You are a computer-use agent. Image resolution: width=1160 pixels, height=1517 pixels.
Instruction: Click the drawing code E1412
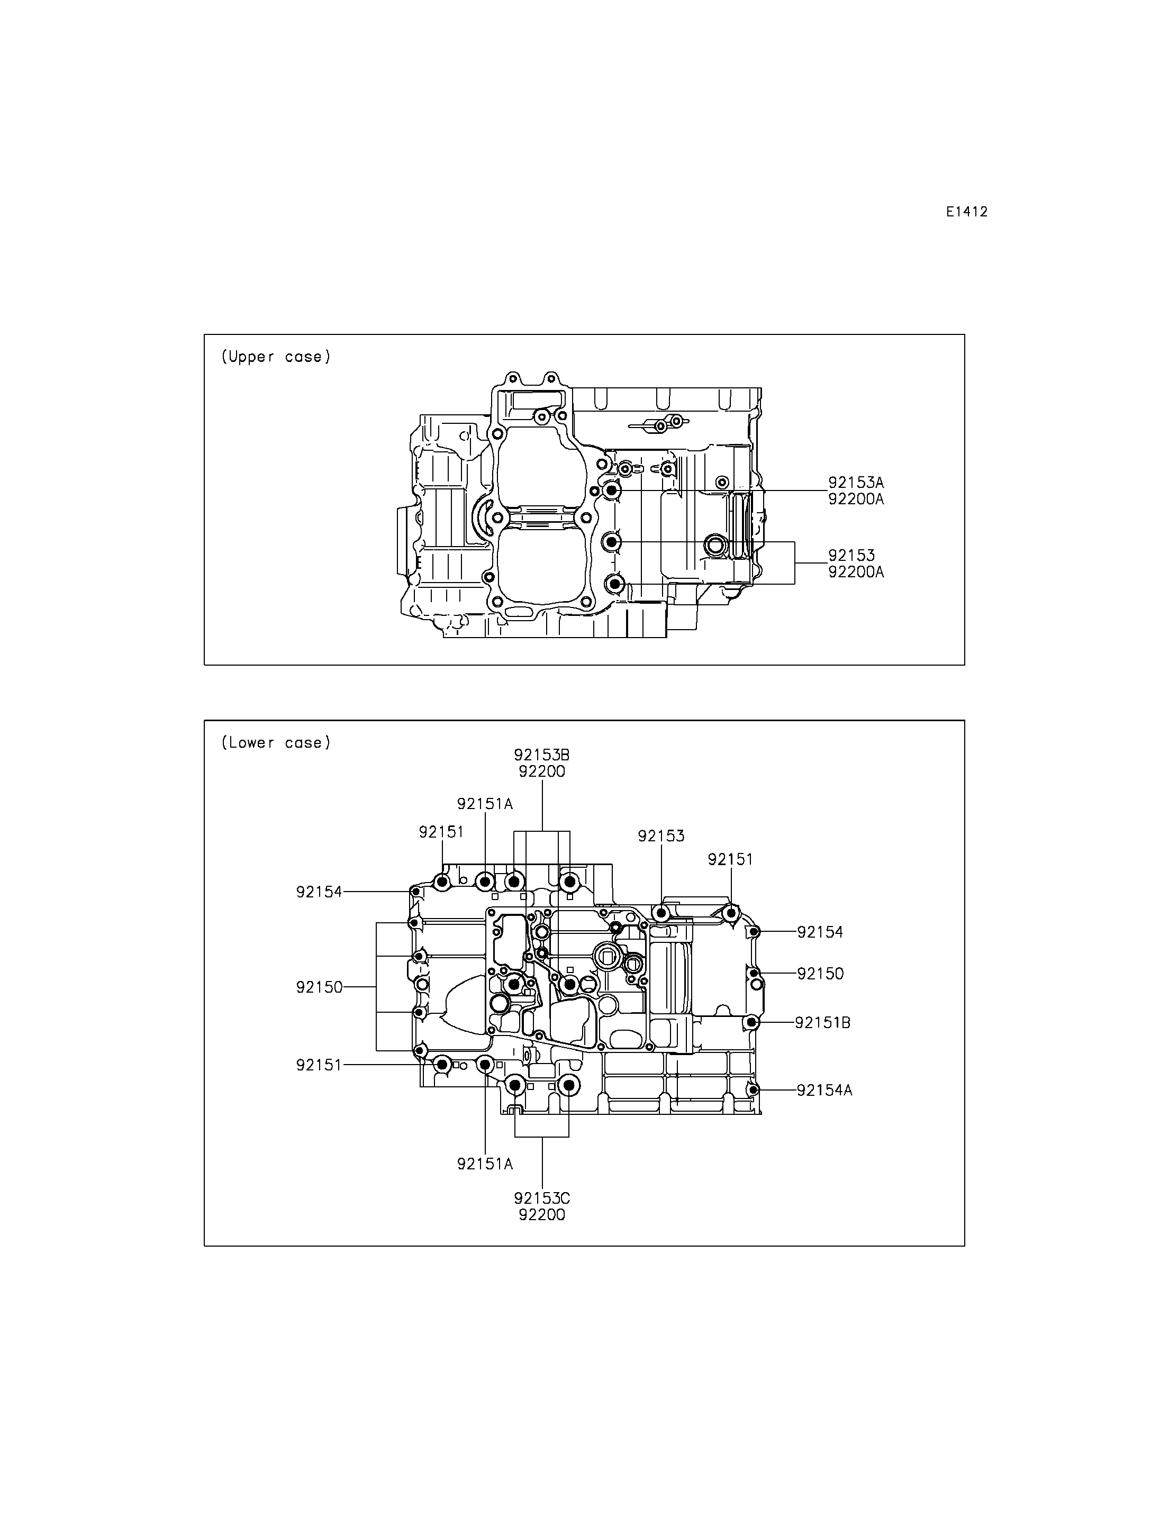pos(967,212)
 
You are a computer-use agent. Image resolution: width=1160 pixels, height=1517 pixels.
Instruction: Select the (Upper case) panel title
pos(276,357)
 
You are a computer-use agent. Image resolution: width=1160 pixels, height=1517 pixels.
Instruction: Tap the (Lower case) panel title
pos(276,743)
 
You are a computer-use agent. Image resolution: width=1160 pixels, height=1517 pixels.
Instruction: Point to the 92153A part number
pos(856,483)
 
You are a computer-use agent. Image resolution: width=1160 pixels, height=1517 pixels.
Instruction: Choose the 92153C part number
pos(542,1198)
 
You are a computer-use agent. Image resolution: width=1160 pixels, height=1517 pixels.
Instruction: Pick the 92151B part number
pos(823,1023)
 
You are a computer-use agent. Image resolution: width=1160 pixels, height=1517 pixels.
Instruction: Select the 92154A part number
pos(825,1091)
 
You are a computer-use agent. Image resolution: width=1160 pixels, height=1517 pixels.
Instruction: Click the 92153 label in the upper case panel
pos(852,555)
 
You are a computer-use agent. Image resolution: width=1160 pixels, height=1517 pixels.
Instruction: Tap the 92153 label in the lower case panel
pos(661,836)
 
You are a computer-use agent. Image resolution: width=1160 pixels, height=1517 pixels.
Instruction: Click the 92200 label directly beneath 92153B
pos(542,771)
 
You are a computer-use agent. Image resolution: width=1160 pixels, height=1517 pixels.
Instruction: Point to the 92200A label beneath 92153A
pos(856,499)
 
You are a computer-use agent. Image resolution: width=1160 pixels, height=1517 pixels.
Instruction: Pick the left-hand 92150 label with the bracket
pos(320,987)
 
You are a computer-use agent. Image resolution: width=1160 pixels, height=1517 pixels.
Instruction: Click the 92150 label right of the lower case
pos(820,974)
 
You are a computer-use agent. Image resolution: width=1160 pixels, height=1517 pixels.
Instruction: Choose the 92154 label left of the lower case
pos(320,892)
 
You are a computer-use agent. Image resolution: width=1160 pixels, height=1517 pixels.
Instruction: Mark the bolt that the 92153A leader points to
pos(612,490)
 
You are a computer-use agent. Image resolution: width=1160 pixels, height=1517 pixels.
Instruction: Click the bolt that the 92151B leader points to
pos(751,1022)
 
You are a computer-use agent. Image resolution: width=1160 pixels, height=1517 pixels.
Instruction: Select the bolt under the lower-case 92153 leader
pos(661,913)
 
